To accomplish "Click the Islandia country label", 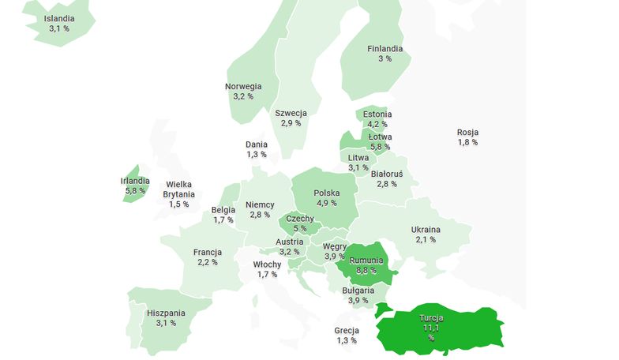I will [59, 18].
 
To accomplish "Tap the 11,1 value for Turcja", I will [431, 328].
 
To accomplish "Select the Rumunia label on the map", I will [366, 260].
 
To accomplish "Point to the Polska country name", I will [327, 193].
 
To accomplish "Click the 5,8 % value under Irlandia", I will [135, 190].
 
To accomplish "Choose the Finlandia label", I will [385, 48].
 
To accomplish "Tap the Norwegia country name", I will [243, 86].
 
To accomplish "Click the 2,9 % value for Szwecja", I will [291, 123].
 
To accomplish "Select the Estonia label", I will [377, 114].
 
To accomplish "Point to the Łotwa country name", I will [380, 137].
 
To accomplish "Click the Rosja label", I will [467, 132].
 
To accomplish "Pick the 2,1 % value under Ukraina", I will [426, 239].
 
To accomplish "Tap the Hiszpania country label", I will [166, 313].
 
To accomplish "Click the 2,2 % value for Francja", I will [207, 262].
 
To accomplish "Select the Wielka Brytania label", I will [178, 189].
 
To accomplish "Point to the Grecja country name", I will [347, 330].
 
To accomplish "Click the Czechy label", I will [300, 219].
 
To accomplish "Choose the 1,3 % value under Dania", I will [257, 154].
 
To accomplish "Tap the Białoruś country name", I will [387, 174].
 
